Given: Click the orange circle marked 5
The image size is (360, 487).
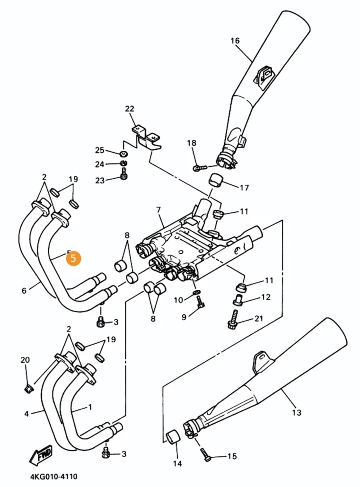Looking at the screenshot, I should [x=73, y=258].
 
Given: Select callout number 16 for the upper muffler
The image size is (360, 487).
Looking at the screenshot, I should [x=235, y=41].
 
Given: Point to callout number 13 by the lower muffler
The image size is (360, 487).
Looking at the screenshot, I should [x=296, y=413].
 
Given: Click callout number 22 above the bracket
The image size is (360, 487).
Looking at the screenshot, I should [x=130, y=109].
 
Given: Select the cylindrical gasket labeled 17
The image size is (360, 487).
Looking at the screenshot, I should [x=217, y=181].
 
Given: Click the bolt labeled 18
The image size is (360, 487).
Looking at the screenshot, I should [x=199, y=167].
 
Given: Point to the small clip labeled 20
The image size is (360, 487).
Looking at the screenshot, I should [x=27, y=389].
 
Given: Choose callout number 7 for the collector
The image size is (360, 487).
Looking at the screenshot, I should [x=158, y=209].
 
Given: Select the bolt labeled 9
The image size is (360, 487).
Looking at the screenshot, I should [x=201, y=303].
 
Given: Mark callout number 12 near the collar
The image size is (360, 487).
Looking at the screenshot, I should [x=266, y=297].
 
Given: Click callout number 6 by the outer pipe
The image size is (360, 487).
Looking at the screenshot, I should [x=24, y=291].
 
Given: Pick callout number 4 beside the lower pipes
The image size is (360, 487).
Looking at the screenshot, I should [x=26, y=413].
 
